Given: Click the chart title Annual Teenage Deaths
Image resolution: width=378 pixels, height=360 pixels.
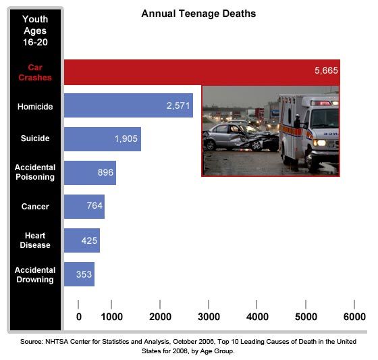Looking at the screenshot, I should [198, 14].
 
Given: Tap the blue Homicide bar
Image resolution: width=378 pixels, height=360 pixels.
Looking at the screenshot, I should [128, 105].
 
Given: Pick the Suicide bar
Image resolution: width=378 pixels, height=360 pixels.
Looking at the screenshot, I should [103, 138].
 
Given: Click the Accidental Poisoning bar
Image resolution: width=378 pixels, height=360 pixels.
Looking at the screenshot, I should [90, 172].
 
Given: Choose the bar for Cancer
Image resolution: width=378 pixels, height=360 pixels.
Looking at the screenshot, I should [84, 206].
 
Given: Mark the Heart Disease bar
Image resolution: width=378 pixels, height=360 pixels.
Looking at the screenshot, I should [82, 240].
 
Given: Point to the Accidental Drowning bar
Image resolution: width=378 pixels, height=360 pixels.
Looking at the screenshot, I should [79, 274].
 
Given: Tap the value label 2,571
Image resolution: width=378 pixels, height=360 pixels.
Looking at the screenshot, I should [179, 105].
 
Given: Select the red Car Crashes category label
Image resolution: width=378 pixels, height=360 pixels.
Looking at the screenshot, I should [35, 72].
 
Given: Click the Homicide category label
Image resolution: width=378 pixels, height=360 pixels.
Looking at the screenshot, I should [35, 106].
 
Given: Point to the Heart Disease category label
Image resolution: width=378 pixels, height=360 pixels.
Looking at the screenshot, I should [35, 240].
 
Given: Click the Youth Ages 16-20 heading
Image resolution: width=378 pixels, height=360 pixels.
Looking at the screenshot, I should [35, 30].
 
